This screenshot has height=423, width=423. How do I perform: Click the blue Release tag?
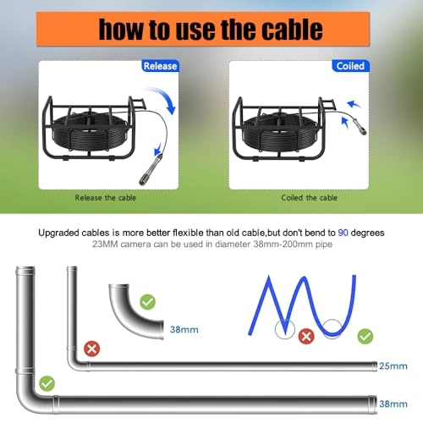coord(160,66)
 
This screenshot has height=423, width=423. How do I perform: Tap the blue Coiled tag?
coord(350,66)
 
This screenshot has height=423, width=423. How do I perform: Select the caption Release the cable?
coord(106,198)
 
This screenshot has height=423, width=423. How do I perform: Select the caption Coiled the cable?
coord(309,198)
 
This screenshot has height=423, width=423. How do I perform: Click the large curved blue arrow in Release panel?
coord(166,96)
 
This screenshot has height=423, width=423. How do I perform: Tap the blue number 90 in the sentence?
coord(343,233)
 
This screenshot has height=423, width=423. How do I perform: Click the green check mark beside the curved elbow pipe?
coord(147,302)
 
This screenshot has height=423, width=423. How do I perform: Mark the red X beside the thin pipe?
coord(92,349)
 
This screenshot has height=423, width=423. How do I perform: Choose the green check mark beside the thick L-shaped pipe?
coord(47,383)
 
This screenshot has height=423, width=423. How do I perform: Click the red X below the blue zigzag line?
coord(306,336)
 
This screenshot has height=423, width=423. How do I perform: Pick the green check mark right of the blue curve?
coord(365,337)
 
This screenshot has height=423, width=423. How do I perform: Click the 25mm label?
coord(393,366)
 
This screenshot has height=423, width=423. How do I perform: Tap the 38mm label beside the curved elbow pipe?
coord(184,329)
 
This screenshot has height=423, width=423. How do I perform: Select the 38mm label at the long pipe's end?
coord(393,404)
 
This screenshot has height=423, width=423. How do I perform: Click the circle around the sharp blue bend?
coord(275,329)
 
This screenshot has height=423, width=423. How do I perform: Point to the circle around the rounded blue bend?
coord(322,329)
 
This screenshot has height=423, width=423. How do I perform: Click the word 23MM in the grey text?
coord(105,244)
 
